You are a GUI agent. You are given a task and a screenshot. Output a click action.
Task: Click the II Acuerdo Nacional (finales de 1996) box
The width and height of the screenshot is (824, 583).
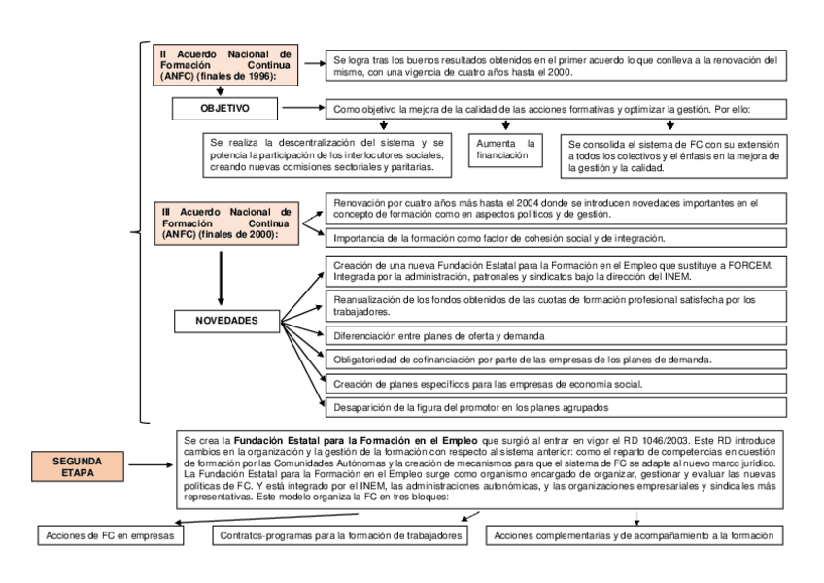pos(226,63)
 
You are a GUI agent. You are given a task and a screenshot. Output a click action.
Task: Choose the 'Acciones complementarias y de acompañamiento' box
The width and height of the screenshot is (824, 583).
pos(636,535)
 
